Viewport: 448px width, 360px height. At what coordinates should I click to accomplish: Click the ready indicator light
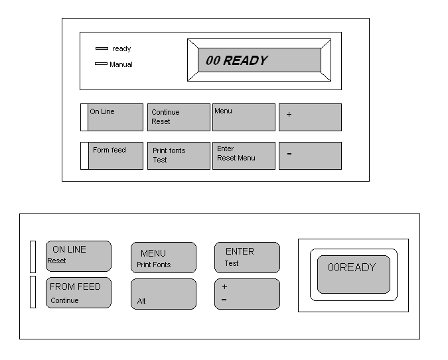(x=102, y=48)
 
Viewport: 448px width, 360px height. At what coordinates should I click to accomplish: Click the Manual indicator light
(x=101, y=64)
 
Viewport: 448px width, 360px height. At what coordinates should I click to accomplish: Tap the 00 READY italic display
(x=260, y=60)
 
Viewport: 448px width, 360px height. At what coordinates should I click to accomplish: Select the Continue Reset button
(x=178, y=117)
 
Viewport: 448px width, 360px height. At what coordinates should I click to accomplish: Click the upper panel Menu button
(x=244, y=117)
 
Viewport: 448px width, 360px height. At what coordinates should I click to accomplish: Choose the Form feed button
(x=115, y=156)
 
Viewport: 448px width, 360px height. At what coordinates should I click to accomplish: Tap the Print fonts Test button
(x=178, y=156)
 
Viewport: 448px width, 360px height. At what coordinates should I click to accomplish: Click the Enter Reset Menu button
(x=244, y=156)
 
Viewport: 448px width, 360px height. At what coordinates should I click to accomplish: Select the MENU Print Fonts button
(x=163, y=258)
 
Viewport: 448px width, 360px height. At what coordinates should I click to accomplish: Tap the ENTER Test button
(x=247, y=257)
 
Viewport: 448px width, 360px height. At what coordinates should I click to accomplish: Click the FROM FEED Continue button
(x=78, y=293)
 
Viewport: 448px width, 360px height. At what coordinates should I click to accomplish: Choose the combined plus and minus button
(x=247, y=294)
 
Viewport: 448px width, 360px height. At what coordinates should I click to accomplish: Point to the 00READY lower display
(x=352, y=274)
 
